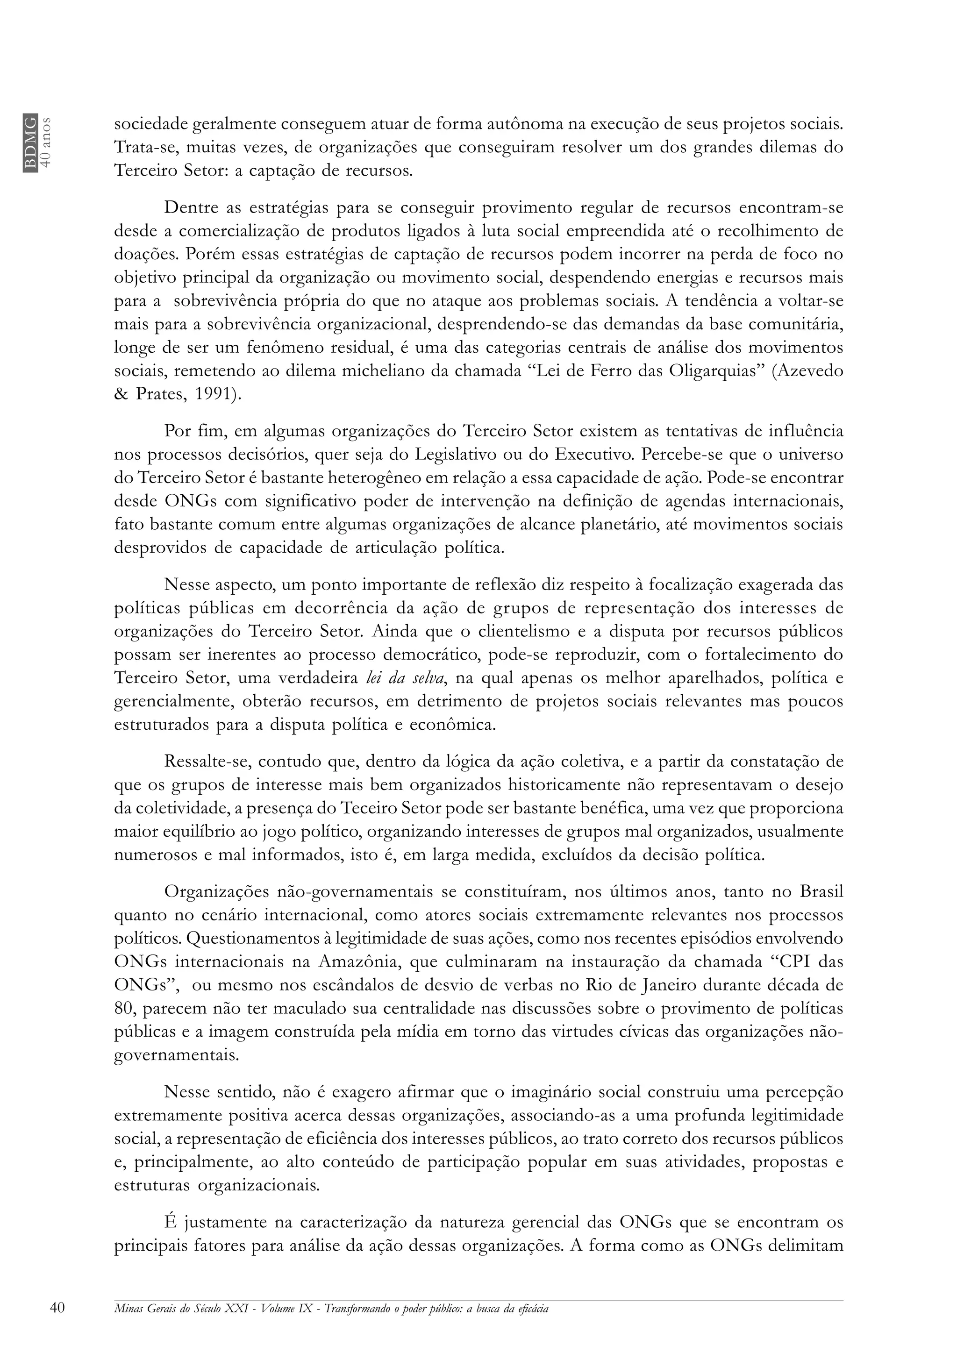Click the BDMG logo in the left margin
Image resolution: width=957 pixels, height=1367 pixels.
point(30,142)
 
